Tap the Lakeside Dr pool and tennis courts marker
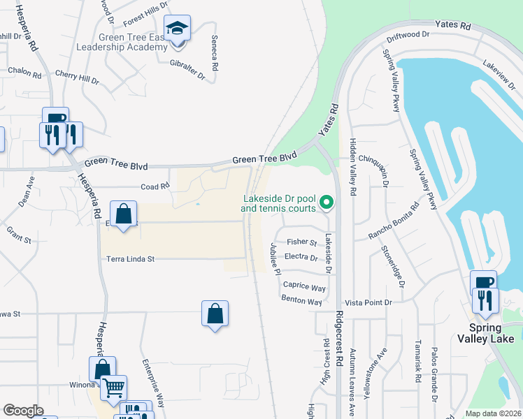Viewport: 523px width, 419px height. [x=326, y=203]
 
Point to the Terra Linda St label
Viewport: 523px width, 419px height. [x=129, y=259]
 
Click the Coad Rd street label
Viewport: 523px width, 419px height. [x=155, y=186]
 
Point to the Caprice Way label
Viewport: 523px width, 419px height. [x=304, y=286]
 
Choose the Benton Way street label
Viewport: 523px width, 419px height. [x=301, y=302]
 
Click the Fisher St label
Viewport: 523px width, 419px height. [x=302, y=242]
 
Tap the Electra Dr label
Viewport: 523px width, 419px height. [x=303, y=256]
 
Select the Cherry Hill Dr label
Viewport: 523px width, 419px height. [x=77, y=77]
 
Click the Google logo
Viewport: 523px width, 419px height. [x=23, y=411]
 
